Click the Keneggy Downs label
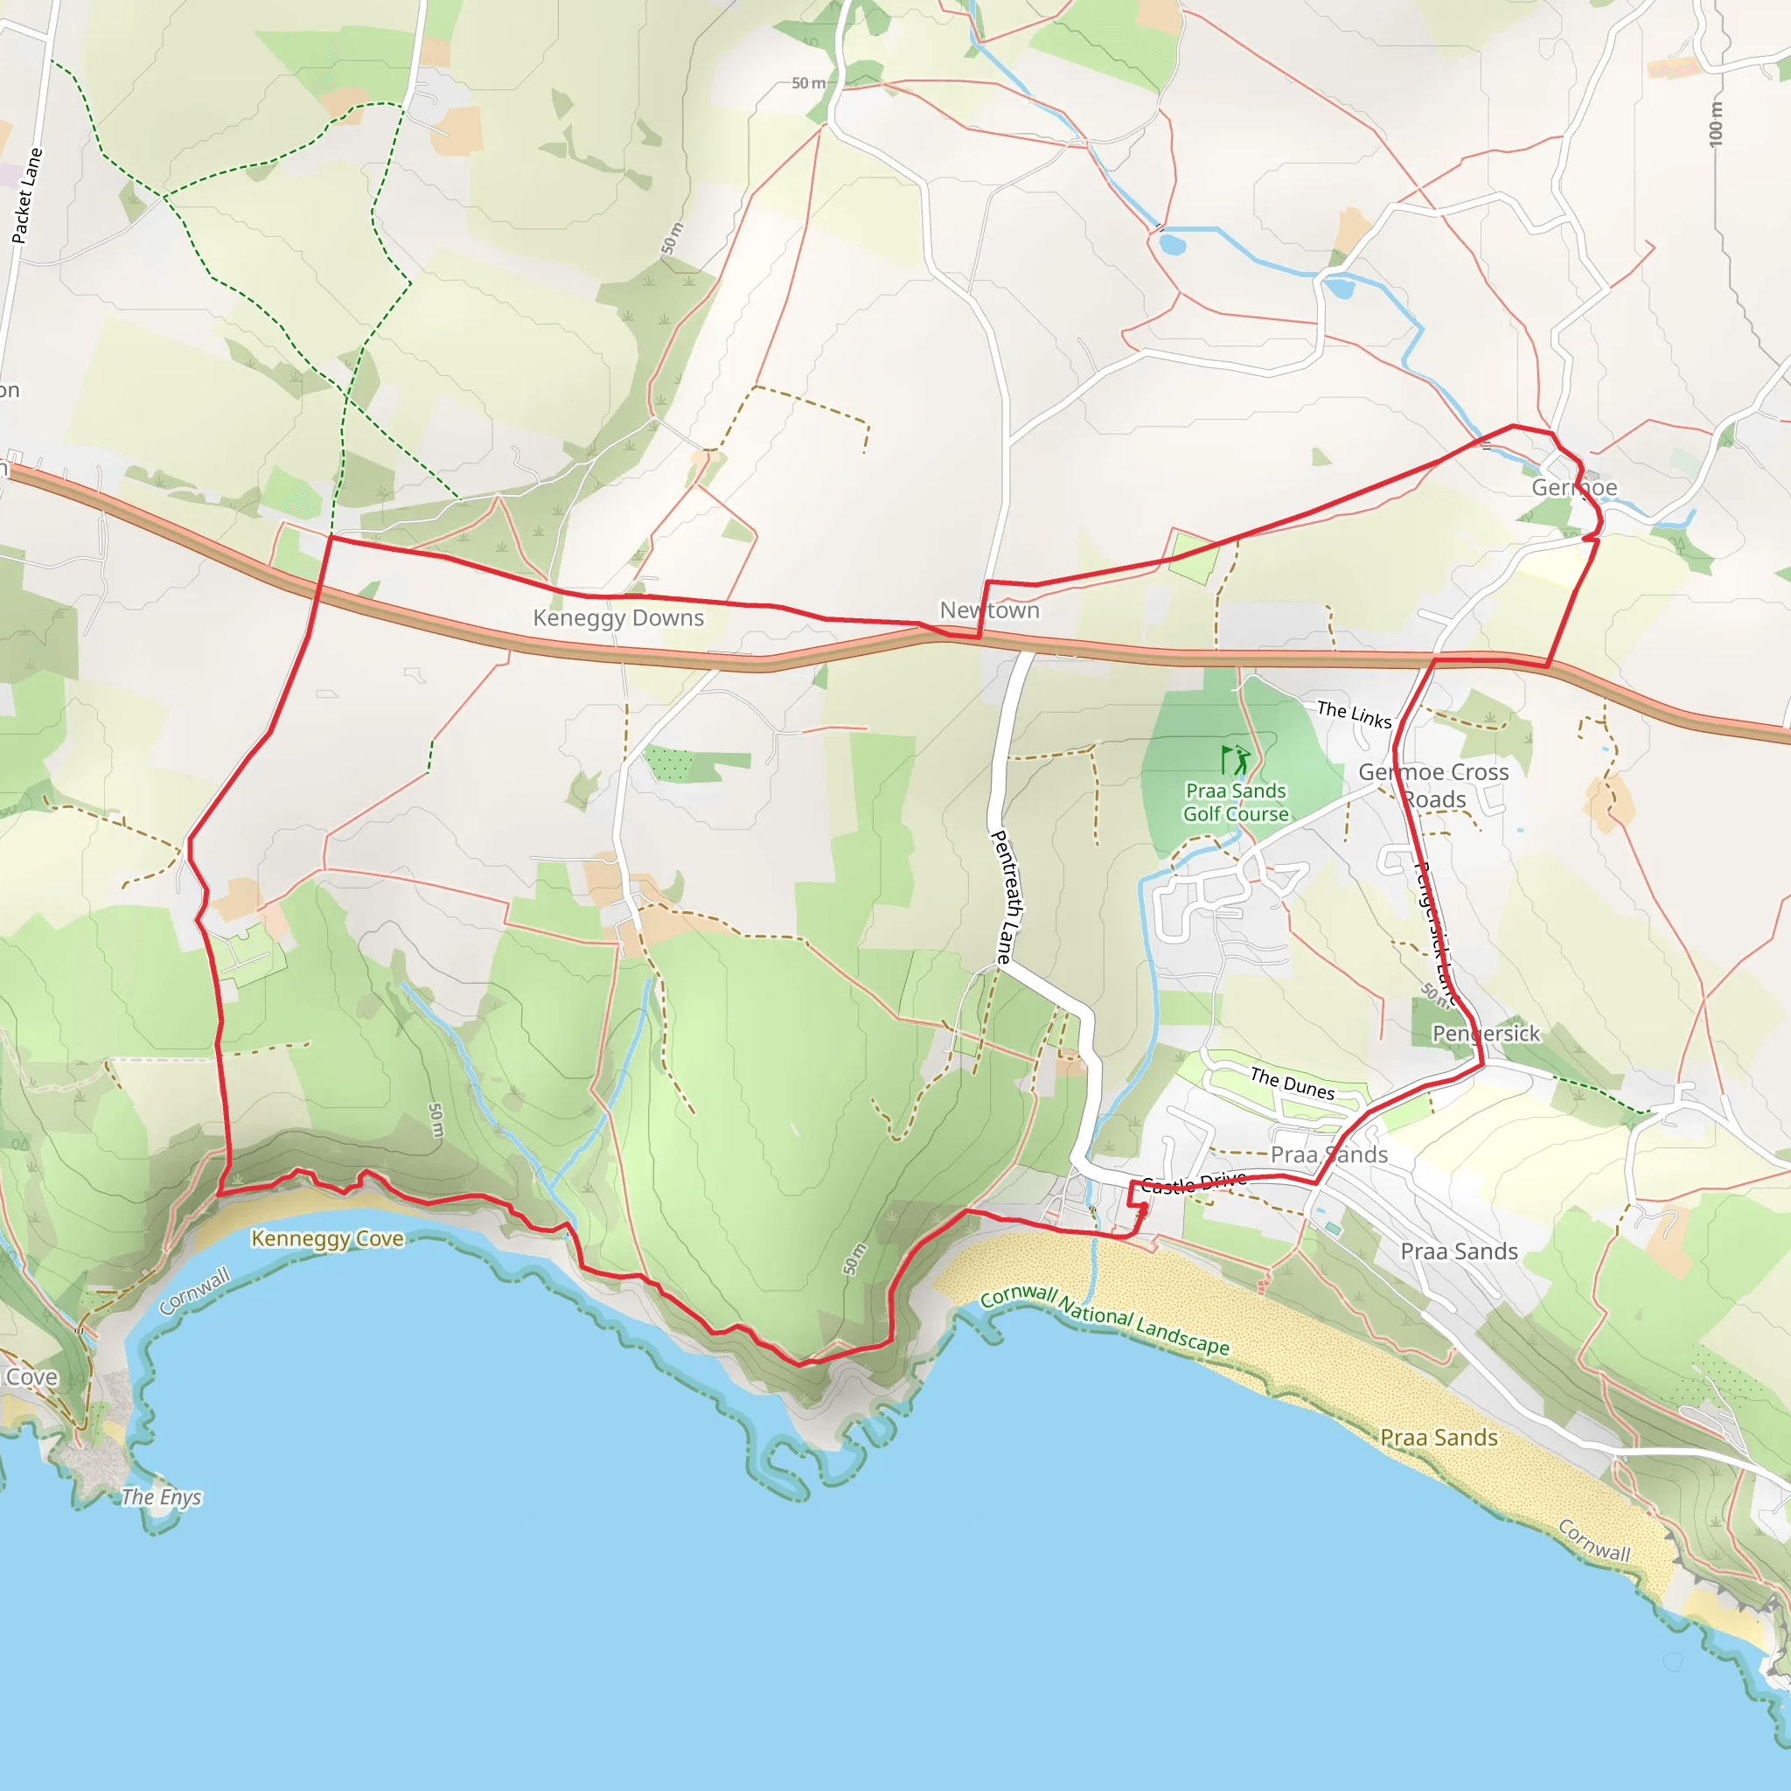[618, 618]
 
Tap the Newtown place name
[989, 611]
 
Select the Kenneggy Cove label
[327, 1238]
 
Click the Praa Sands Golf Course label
[1236, 803]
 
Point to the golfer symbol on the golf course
[1237, 760]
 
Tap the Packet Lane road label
[28, 196]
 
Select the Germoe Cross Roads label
[1433, 785]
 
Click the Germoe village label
[1574, 488]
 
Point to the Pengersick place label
[1486, 1034]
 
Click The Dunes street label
[1293, 1084]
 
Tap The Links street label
[1355, 714]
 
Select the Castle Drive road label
[1193, 1183]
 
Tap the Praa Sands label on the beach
[1439, 1438]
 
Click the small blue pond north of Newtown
[1172, 245]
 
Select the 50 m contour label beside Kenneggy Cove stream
[436, 1120]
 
